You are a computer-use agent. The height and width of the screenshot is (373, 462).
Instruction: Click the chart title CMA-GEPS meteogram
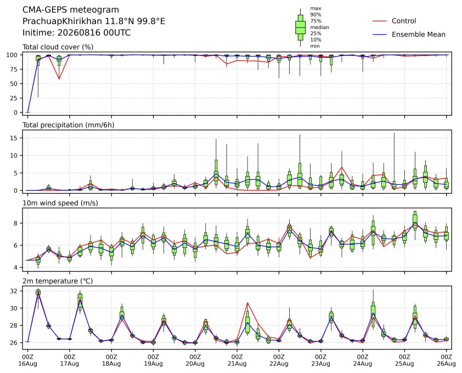[71, 10]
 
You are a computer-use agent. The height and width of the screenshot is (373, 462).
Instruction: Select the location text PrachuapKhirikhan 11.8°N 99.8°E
[94, 21]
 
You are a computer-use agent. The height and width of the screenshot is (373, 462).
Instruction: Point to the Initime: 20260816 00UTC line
[77, 32]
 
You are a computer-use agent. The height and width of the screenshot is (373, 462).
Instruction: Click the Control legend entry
[394, 21]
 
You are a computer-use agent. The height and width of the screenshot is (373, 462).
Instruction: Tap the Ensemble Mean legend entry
[409, 35]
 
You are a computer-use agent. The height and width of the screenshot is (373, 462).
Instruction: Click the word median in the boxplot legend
[319, 27]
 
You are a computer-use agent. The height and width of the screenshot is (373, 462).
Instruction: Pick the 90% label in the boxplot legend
[315, 14]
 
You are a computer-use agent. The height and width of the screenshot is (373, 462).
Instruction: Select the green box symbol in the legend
[300, 27]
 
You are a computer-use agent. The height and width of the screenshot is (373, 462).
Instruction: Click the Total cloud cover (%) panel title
[58, 47]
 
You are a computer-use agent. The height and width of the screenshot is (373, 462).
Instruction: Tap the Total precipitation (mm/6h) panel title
[69, 125]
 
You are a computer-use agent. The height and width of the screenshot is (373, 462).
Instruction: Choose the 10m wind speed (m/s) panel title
[60, 203]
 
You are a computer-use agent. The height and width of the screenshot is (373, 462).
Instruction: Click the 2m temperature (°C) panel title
[58, 281]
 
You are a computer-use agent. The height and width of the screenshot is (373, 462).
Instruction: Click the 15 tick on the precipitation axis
[14, 138]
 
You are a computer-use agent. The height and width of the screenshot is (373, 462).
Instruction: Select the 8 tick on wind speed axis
[16, 223]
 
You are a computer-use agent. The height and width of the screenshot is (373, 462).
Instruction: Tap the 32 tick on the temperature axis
[14, 291]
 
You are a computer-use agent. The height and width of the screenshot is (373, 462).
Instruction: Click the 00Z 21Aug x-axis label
[237, 360]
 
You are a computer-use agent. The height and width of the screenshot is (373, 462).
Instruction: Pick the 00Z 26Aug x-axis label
[447, 360]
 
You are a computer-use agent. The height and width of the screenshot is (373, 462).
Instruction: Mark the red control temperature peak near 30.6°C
[247, 303]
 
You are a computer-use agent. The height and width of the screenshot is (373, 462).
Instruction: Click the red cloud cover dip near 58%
[59, 78]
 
